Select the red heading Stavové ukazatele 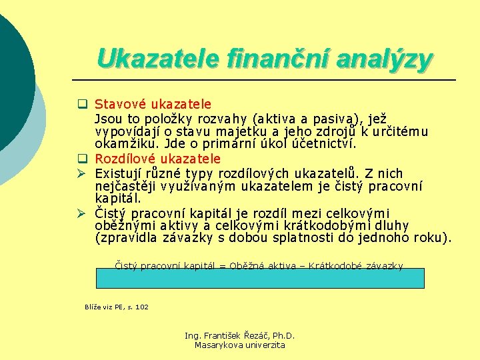pos(153,104)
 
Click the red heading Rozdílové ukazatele pos(157,159)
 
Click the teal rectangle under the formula pos(260,278)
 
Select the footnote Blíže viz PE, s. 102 pos(117,307)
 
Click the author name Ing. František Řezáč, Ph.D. pos(239,336)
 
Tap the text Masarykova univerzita pos(239,345)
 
